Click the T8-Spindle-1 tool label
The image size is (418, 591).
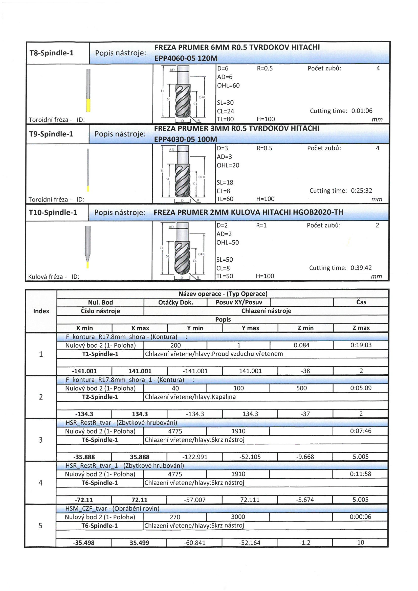coord(52,53)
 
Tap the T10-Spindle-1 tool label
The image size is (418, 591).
coord(53,213)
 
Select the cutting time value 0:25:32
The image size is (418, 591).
coord(361,191)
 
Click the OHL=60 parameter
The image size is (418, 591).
coord(228,86)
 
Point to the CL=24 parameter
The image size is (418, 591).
coord(225,111)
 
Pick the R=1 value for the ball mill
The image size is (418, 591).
coord(261,225)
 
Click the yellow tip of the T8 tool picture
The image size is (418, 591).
coord(88,105)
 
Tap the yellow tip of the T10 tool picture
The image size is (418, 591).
coord(87,265)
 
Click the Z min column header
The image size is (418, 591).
coord(305,328)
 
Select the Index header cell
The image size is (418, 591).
coord(41,311)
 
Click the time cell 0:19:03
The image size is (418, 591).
coord(361,345)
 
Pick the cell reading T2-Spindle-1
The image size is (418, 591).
coord(100,397)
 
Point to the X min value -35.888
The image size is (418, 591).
coord(84,457)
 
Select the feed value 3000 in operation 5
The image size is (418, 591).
coord(238,517)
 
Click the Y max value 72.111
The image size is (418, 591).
coord(250,500)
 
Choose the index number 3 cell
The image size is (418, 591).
coord(41,440)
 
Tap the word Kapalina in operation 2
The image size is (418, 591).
coord(224,397)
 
